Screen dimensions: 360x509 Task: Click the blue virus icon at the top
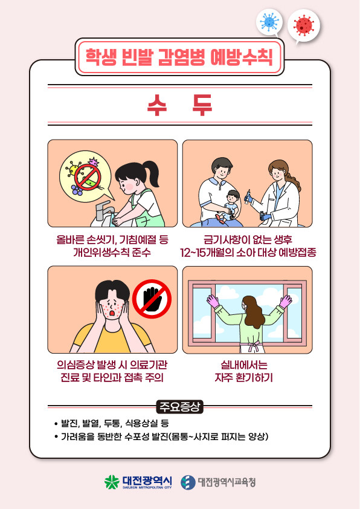click(269, 22)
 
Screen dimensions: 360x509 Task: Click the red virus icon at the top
click(304, 25)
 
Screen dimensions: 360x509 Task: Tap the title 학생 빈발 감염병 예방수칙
click(179, 57)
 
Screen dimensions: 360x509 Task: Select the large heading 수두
click(179, 105)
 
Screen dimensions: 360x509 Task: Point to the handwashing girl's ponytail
click(152, 173)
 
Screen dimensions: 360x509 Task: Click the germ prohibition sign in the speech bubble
click(88, 177)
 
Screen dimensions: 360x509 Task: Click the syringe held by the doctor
click(248, 196)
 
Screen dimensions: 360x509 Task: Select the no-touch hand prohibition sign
click(152, 299)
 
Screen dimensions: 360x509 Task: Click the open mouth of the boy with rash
click(112, 313)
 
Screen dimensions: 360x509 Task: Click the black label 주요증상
click(179, 406)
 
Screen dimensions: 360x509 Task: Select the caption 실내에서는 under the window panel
click(244, 365)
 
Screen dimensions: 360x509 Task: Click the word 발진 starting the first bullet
click(69, 423)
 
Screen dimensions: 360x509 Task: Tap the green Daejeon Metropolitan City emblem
click(112, 482)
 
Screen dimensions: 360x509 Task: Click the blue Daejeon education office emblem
click(188, 482)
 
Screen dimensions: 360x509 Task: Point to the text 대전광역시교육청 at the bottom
click(227, 482)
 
